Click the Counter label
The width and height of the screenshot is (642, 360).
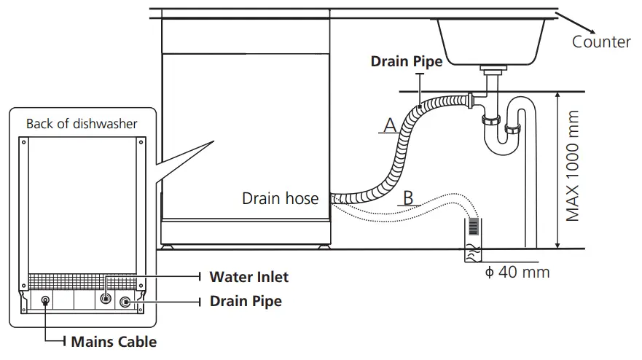pyautogui.click(x=601, y=42)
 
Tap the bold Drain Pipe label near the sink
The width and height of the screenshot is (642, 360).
pyautogui.click(x=406, y=62)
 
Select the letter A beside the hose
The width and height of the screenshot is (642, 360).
pyautogui.click(x=390, y=125)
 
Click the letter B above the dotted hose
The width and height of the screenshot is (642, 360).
pyautogui.click(x=409, y=197)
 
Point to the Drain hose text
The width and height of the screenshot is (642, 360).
pyautogui.click(x=280, y=198)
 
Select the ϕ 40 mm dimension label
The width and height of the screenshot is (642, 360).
pyautogui.click(x=517, y=273)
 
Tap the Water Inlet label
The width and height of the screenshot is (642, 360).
pyautogui.click(x=248, y=277)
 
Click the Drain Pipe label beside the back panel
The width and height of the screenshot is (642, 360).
pyautogui.click(x=246, y=300)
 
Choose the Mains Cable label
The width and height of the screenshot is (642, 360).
pyautogui.click(x=113, y=340)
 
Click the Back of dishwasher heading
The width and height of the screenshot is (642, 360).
pyautogui.click(x=82, y=124)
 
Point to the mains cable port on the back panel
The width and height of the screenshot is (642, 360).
pyautogui.click(x=46, y=300)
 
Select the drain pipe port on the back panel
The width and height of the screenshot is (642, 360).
pyautogui.click(x=125, y=301)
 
